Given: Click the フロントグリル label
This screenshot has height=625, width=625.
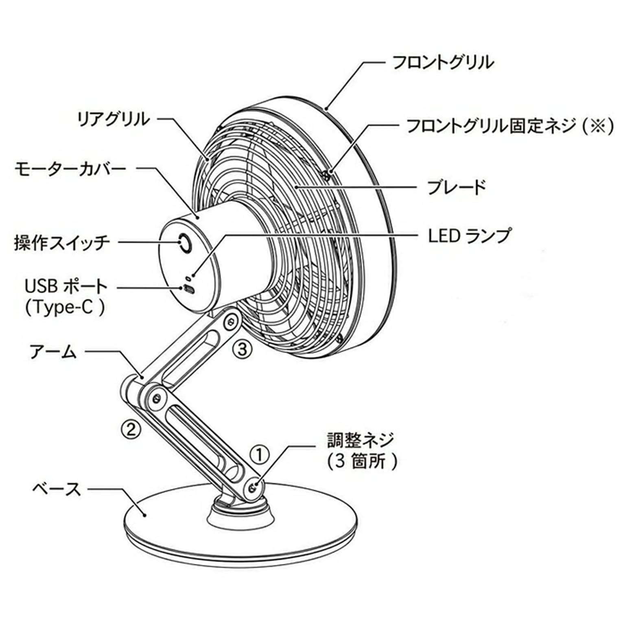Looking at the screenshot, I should pyautogui.click(x=443, y=63).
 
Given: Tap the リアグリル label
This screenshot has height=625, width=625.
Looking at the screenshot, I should pyautogui.click(x=114, y=119).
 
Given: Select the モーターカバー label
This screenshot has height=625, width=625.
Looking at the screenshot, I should pyautogui.click(x=70, y=168).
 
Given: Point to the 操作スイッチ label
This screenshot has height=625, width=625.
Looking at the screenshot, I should pyautogui.click(x=62, y=243).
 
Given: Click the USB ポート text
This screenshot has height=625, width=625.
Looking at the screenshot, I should pyautogui.click(x=66, y=286).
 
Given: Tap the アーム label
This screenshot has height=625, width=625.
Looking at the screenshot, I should pyautogui.click(x=53, y=351).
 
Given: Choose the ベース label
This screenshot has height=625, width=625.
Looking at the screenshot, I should pyautogui.click(x=57, y=489).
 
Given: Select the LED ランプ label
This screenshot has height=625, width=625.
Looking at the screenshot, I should pyautogui.click(x=469, y=235).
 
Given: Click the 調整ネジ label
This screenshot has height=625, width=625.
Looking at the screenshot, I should pyautogui.click(x=361, y=440).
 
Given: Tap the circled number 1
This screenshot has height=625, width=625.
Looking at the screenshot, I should pyautogui.click(x=260, y=455).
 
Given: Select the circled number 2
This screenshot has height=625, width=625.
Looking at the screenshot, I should pyautogui.click(x=131, y=428).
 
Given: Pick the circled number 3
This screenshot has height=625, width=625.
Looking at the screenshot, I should pyautogui.click(x=242, y=348).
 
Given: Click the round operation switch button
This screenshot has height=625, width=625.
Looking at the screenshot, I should pyautogui.click(x=185, y=244).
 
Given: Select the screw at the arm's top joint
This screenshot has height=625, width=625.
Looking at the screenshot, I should pyautogui.click(x=231, y=321).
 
